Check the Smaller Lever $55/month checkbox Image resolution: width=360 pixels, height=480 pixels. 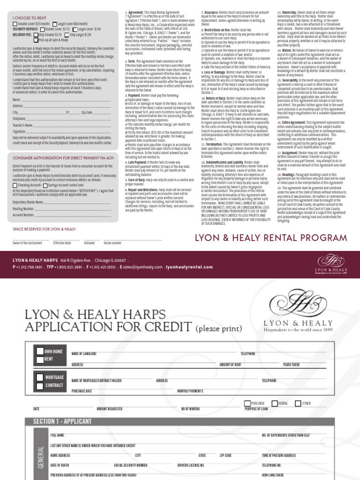coord(15,23)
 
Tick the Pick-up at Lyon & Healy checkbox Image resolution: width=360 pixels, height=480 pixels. coord(36,40)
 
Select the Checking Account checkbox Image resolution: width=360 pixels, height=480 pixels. coord(15,185)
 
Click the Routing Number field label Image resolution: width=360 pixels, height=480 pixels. coord(23,208)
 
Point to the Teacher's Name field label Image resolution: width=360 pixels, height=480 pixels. coord(22,125)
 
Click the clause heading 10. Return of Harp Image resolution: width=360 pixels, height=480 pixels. coord(214,98)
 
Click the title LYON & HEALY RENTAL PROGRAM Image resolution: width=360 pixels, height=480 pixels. coord(271,239)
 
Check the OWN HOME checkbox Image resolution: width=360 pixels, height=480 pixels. coord(40,352)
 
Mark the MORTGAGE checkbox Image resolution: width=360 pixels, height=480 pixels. coord(40,377)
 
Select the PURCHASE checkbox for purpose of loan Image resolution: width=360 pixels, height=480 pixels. coord(247,403)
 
